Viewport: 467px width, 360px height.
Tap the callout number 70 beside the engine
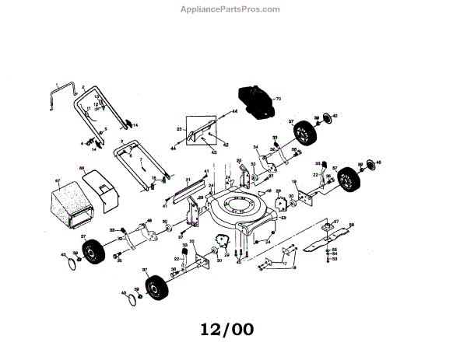tap(277, 100)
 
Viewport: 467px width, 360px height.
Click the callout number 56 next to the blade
tap(351, 225)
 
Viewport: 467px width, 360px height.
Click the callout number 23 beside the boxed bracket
tap(178, 128)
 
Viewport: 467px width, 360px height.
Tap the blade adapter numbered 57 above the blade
tap(328, 227)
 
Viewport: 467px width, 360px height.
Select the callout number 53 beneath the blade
tap(335, 259)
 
